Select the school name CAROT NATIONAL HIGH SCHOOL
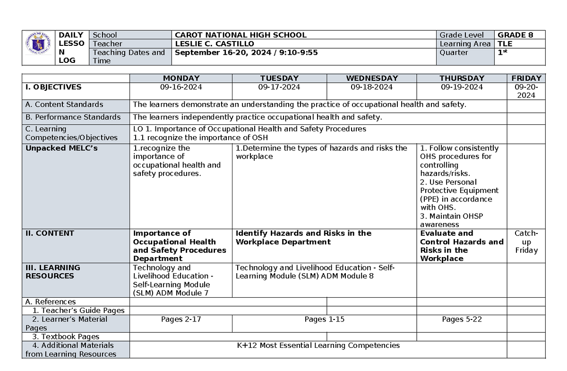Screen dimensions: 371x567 point(241,35)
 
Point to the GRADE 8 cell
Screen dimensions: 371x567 point(515,35)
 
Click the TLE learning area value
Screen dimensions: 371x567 point(505,43)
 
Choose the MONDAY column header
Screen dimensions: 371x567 point(181,78)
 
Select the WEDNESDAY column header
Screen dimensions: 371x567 point(372,78)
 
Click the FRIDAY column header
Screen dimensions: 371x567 point(526,78)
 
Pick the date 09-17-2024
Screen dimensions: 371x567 point(279,87)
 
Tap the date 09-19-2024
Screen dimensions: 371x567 point(462,87)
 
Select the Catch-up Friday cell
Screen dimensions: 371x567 point(526,242)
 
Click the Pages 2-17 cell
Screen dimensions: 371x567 point(181,319)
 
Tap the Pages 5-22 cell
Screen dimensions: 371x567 point(462,319)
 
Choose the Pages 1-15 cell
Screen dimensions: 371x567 point(324,319)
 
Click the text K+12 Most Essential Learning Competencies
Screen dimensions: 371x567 point(318,345)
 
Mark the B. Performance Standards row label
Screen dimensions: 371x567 point(73,117)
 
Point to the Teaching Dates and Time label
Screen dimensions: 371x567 point(129,57)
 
